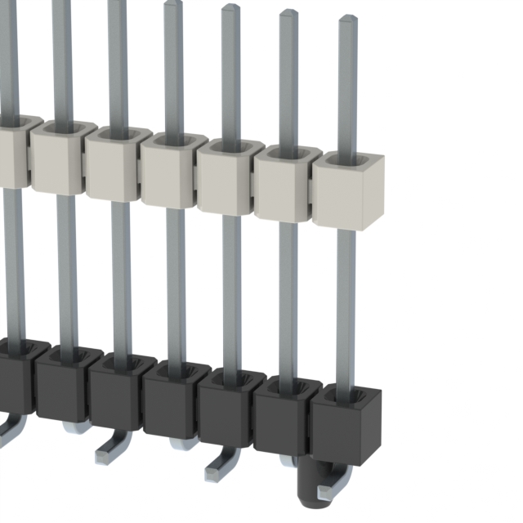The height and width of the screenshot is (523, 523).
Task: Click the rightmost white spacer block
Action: pyautogui.click(x=349, y=191)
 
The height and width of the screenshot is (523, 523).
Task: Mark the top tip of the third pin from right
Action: pyautogui.click(x=230, y=9)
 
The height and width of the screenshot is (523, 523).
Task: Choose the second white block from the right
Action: pyautogui.click(x=284, y=187)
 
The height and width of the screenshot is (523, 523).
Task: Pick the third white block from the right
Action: pyautogui.click(x=226, y=181)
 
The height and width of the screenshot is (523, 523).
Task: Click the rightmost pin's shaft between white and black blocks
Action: pyautogui.click(x=346, y=302)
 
